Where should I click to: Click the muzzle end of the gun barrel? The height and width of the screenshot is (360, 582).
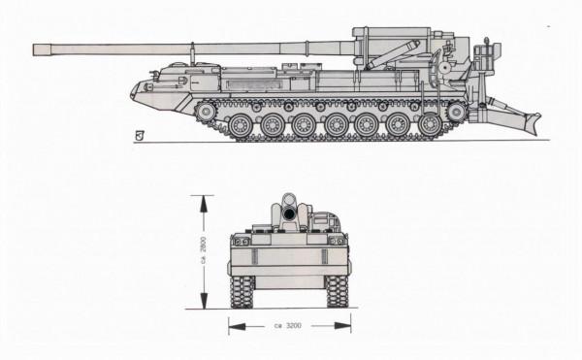35,49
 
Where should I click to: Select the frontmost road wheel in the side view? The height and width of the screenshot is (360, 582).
241,125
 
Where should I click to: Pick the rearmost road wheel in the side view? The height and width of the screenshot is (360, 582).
431,125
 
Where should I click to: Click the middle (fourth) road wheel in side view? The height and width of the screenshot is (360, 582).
336,125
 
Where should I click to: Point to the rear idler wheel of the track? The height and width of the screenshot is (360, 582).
457,112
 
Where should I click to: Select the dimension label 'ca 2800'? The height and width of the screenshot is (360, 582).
203,250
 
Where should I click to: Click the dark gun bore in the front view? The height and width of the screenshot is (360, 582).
288,213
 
